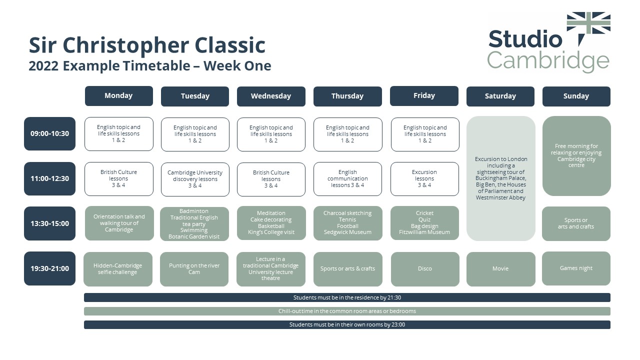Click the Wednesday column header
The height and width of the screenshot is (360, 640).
coord(271,96)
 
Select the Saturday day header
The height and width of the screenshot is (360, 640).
coord(500,96)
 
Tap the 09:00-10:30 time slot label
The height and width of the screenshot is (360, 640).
coord(49,133)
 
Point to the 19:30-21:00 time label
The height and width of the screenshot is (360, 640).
coord(49,268)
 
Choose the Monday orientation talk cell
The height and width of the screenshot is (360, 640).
coord(119,223)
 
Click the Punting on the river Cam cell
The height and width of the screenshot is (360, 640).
coord(194,269)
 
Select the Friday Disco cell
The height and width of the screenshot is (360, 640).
coord(424,269)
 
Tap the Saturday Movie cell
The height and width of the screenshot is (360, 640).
coord(500,269)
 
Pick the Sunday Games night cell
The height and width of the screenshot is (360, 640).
coord(576,268)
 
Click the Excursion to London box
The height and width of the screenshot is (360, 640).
coord(500,178)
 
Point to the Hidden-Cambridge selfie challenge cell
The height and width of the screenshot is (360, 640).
coord(118,269)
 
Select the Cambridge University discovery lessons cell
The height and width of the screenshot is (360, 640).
coord(195,179)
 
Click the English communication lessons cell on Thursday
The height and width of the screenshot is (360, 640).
coord(347,179)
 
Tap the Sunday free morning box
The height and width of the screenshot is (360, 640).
coord(576,156)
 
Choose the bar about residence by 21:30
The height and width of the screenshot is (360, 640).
coord(347,297)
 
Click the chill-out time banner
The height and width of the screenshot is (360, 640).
coord(347,311)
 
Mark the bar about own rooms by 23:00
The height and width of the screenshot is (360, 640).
coord(347,324)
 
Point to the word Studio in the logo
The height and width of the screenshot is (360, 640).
coord(525,39)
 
